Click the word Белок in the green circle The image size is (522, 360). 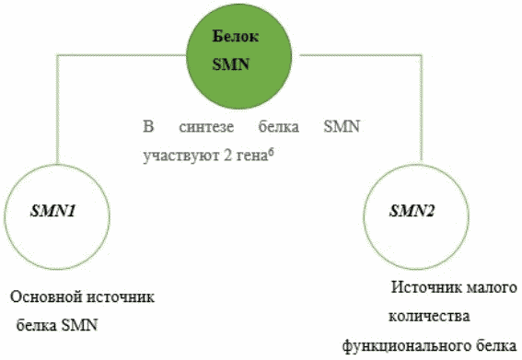[235, 36]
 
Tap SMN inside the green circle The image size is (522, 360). [231, 64]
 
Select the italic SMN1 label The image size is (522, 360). [53, 211]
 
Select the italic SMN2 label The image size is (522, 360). [412, 211]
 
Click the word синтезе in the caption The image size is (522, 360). [206, 127]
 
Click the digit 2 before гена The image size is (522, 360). [227, 156]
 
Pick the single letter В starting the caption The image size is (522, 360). [148, 126]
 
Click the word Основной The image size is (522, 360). [46, 296]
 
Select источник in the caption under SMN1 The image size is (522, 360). [121, 297]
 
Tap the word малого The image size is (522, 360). [491, 288]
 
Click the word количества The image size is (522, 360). [429, 317]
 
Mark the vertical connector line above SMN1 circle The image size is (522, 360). [58, 110]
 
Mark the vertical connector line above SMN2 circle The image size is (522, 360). [422, 109]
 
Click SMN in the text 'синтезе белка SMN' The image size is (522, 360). [342, 126]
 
